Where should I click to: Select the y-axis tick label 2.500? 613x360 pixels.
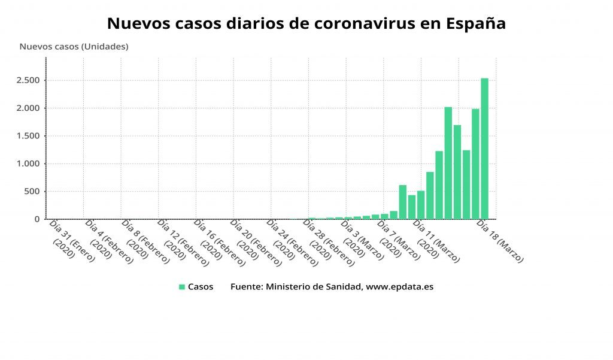pyautogui.click(x=28, y=80)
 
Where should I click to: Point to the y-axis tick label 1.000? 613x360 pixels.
pyautogui.click(x=28, y=164)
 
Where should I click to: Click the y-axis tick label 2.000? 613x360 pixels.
pyautogui.click(x=28, y=108)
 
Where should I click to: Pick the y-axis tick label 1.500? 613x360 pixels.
pyautogui.click(x=28, y=136)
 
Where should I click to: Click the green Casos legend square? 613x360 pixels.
pyautogui.click(x=182, y=287)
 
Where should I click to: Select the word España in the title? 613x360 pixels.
pyautogui.click(x=477, y=24)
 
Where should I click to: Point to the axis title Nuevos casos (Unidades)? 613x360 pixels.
pyautogui.click(x=74, y=46)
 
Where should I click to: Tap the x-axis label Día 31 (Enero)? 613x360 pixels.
pyautogui.click(x=70, y=241)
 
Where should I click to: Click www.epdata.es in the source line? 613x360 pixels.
pyautogui.click(x=399, y=287)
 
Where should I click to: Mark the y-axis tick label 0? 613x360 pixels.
pyautogui.click(x=37, y=219)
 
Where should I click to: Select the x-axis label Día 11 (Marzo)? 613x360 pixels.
pyautogui.click(x=435, y=241)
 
